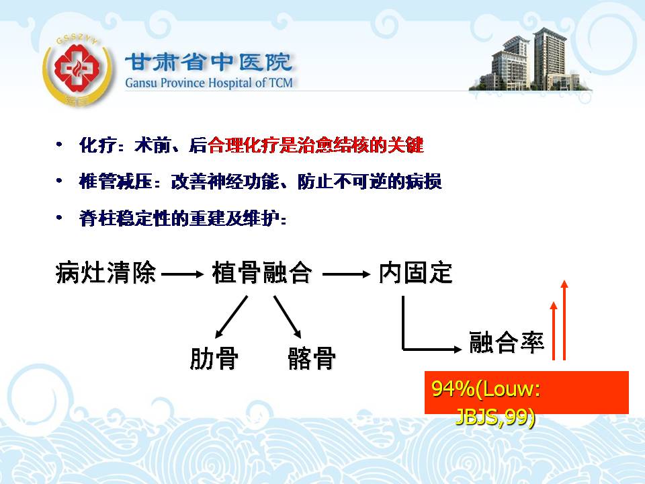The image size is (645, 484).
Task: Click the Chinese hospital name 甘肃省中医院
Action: (209, 62)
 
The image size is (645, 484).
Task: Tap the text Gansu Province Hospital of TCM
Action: (209, 83)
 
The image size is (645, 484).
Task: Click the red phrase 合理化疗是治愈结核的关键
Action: (316, 145)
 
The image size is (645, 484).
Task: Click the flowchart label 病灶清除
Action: (105, 272)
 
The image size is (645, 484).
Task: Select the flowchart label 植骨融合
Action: (262, 272)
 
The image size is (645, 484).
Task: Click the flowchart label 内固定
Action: (415, 272)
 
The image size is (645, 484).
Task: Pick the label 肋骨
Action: (214, 358)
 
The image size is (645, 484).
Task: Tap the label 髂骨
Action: (312, 358)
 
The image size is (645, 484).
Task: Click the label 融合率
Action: (507, 342)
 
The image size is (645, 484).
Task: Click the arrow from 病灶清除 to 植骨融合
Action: (183, 274)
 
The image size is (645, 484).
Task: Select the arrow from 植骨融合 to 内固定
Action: (347, 274)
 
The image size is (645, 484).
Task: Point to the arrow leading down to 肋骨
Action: (231, 317)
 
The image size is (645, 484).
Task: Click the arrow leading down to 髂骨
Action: (288, 317)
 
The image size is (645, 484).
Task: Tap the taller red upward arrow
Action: (564, 320)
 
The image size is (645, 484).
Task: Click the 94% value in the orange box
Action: (452, 388)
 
